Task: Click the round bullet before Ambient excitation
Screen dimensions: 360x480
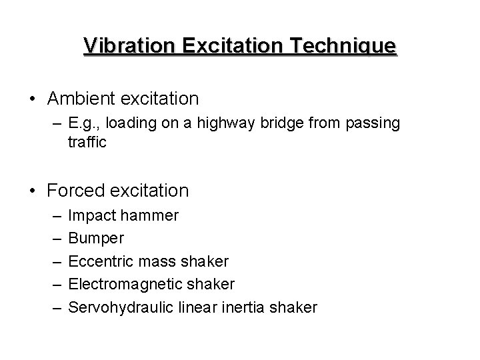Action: [33, 99]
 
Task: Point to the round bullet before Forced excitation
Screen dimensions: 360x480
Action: [33, 191]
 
